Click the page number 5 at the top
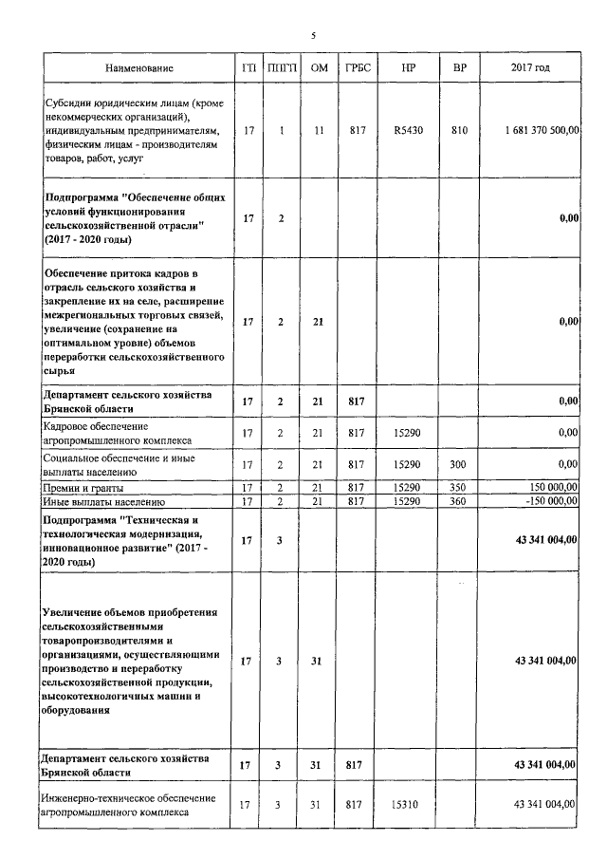pyautogui.click(x=313, y=36)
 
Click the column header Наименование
pyautogui.click(x=139, y=68)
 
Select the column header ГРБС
pyautogui.click(x=357, y=68)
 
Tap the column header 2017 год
pyautogui.click(x=530, y=68)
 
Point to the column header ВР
pyautogui.click(x=460, y=68)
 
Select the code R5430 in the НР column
pyautogui.click(x=408, y=129)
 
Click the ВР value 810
pyautogui.click(x=460, y=129)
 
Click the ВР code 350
pyautogui.click(x=460, y=487)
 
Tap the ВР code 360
pyautogui.click(x=460, y=500)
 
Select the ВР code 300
pyautogui.click(x=460, y=464)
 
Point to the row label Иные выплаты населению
pyautogui.click(x=104, y=500)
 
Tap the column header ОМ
pyautogui.click(x=319, y=68)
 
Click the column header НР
pyautogui.click(x=408, y=68)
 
